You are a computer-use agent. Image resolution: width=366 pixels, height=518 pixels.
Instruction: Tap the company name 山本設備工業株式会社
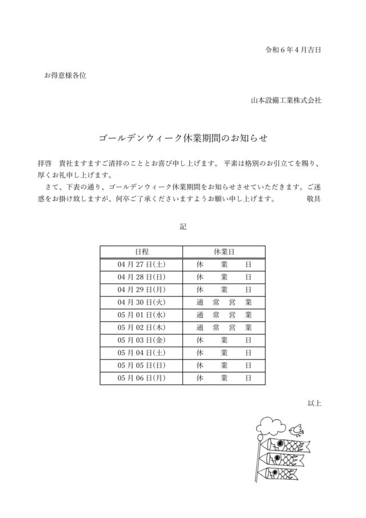286,100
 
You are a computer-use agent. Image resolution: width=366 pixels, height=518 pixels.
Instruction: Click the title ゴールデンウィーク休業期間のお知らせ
183,139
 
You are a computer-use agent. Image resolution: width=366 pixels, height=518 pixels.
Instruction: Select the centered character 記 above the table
183,227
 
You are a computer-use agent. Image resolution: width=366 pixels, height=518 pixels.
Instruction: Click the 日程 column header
141,252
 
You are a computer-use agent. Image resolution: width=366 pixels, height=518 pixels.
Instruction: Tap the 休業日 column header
224,252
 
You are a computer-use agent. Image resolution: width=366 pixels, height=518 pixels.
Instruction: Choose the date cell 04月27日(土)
141,264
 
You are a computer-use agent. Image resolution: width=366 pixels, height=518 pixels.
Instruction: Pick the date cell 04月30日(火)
141,302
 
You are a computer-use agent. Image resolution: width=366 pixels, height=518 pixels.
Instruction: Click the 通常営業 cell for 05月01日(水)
224,315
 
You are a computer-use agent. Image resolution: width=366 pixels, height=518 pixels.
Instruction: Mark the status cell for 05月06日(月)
224,378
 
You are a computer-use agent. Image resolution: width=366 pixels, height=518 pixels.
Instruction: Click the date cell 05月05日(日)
141,365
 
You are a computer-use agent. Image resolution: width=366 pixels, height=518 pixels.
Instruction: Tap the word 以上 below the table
315,403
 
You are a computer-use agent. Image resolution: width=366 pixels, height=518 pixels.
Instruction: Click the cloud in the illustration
271,425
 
